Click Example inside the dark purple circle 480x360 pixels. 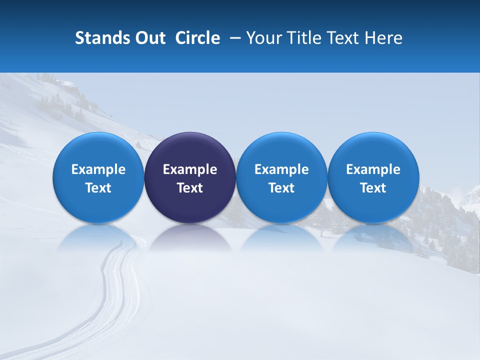tap(190, 169)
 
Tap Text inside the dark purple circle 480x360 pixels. tap(190, 188)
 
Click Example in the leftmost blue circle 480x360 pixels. tap(98, 169)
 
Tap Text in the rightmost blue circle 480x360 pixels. tap(373, 188)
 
